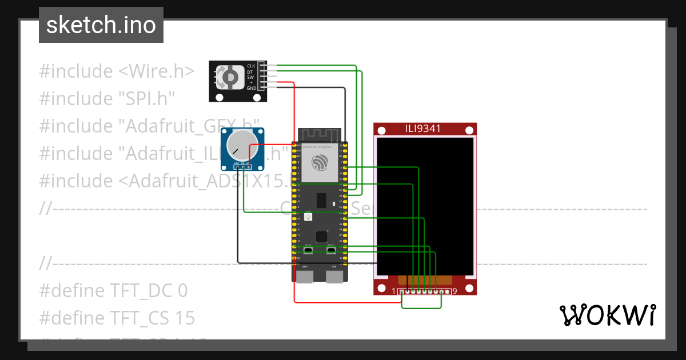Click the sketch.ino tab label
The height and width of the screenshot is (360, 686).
(101, 25)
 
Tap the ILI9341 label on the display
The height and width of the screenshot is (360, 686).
(424, 129)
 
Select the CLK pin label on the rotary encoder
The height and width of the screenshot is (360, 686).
(251, 66)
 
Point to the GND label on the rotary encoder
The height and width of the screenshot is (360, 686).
(251, 89)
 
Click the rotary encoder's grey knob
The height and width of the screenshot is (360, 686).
(230, 77)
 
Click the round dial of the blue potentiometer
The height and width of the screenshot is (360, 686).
(240, 146)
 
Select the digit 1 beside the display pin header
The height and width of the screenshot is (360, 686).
(394, 291)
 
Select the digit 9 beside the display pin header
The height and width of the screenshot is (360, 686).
(454, 291)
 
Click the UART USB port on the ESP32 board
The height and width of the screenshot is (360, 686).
(305, 277)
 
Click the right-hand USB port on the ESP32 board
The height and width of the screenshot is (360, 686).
(334, 277)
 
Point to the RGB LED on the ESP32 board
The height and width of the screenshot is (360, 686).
(309, 218)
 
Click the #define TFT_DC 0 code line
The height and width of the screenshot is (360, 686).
(113, 291)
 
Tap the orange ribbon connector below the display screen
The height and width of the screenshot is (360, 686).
(425, 281)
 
